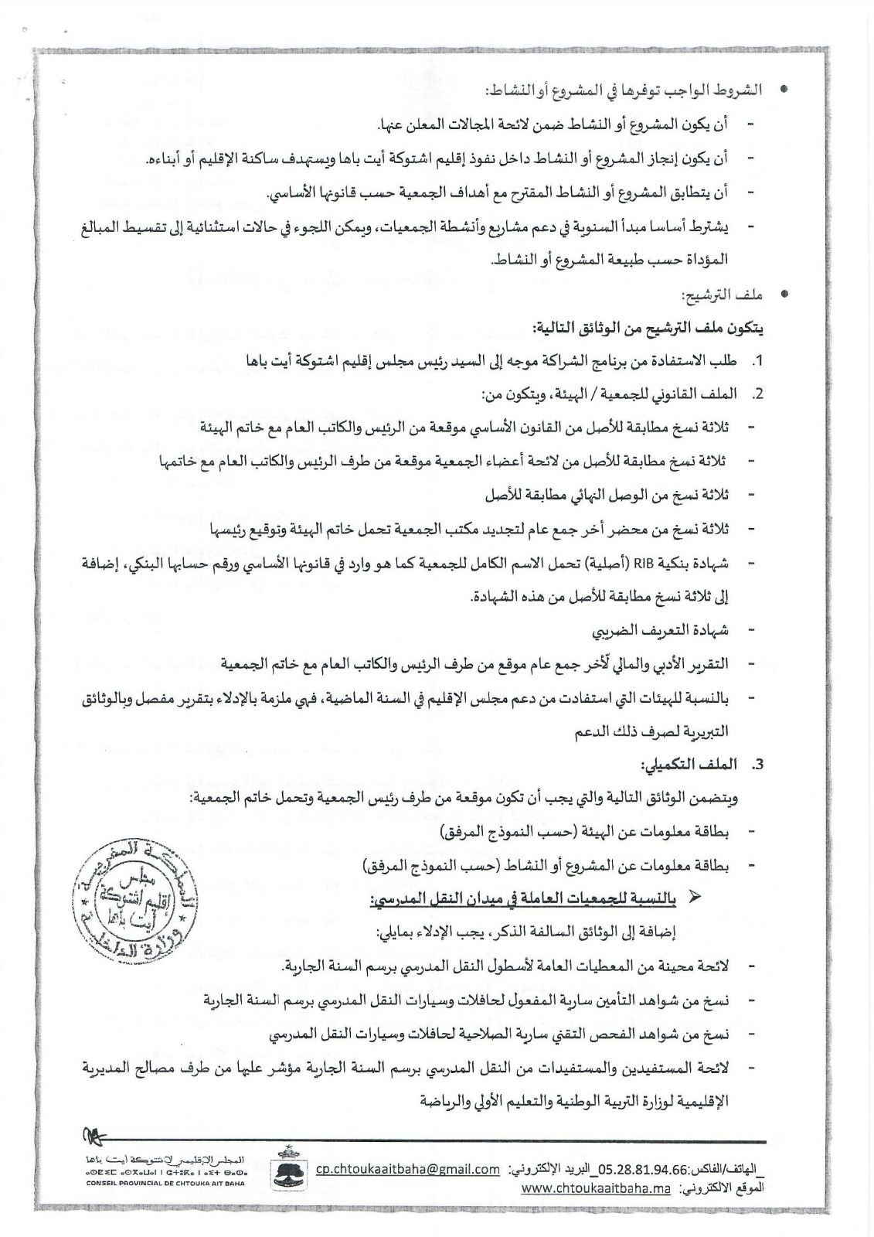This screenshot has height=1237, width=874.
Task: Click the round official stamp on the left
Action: (x=133, y=904)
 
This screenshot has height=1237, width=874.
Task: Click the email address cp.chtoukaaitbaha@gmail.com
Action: (x=407, y=1170)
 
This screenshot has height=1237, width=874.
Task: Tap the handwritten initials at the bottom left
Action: (x=94, y=1134)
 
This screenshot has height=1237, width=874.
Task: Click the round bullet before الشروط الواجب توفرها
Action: (x=784, y=90)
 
